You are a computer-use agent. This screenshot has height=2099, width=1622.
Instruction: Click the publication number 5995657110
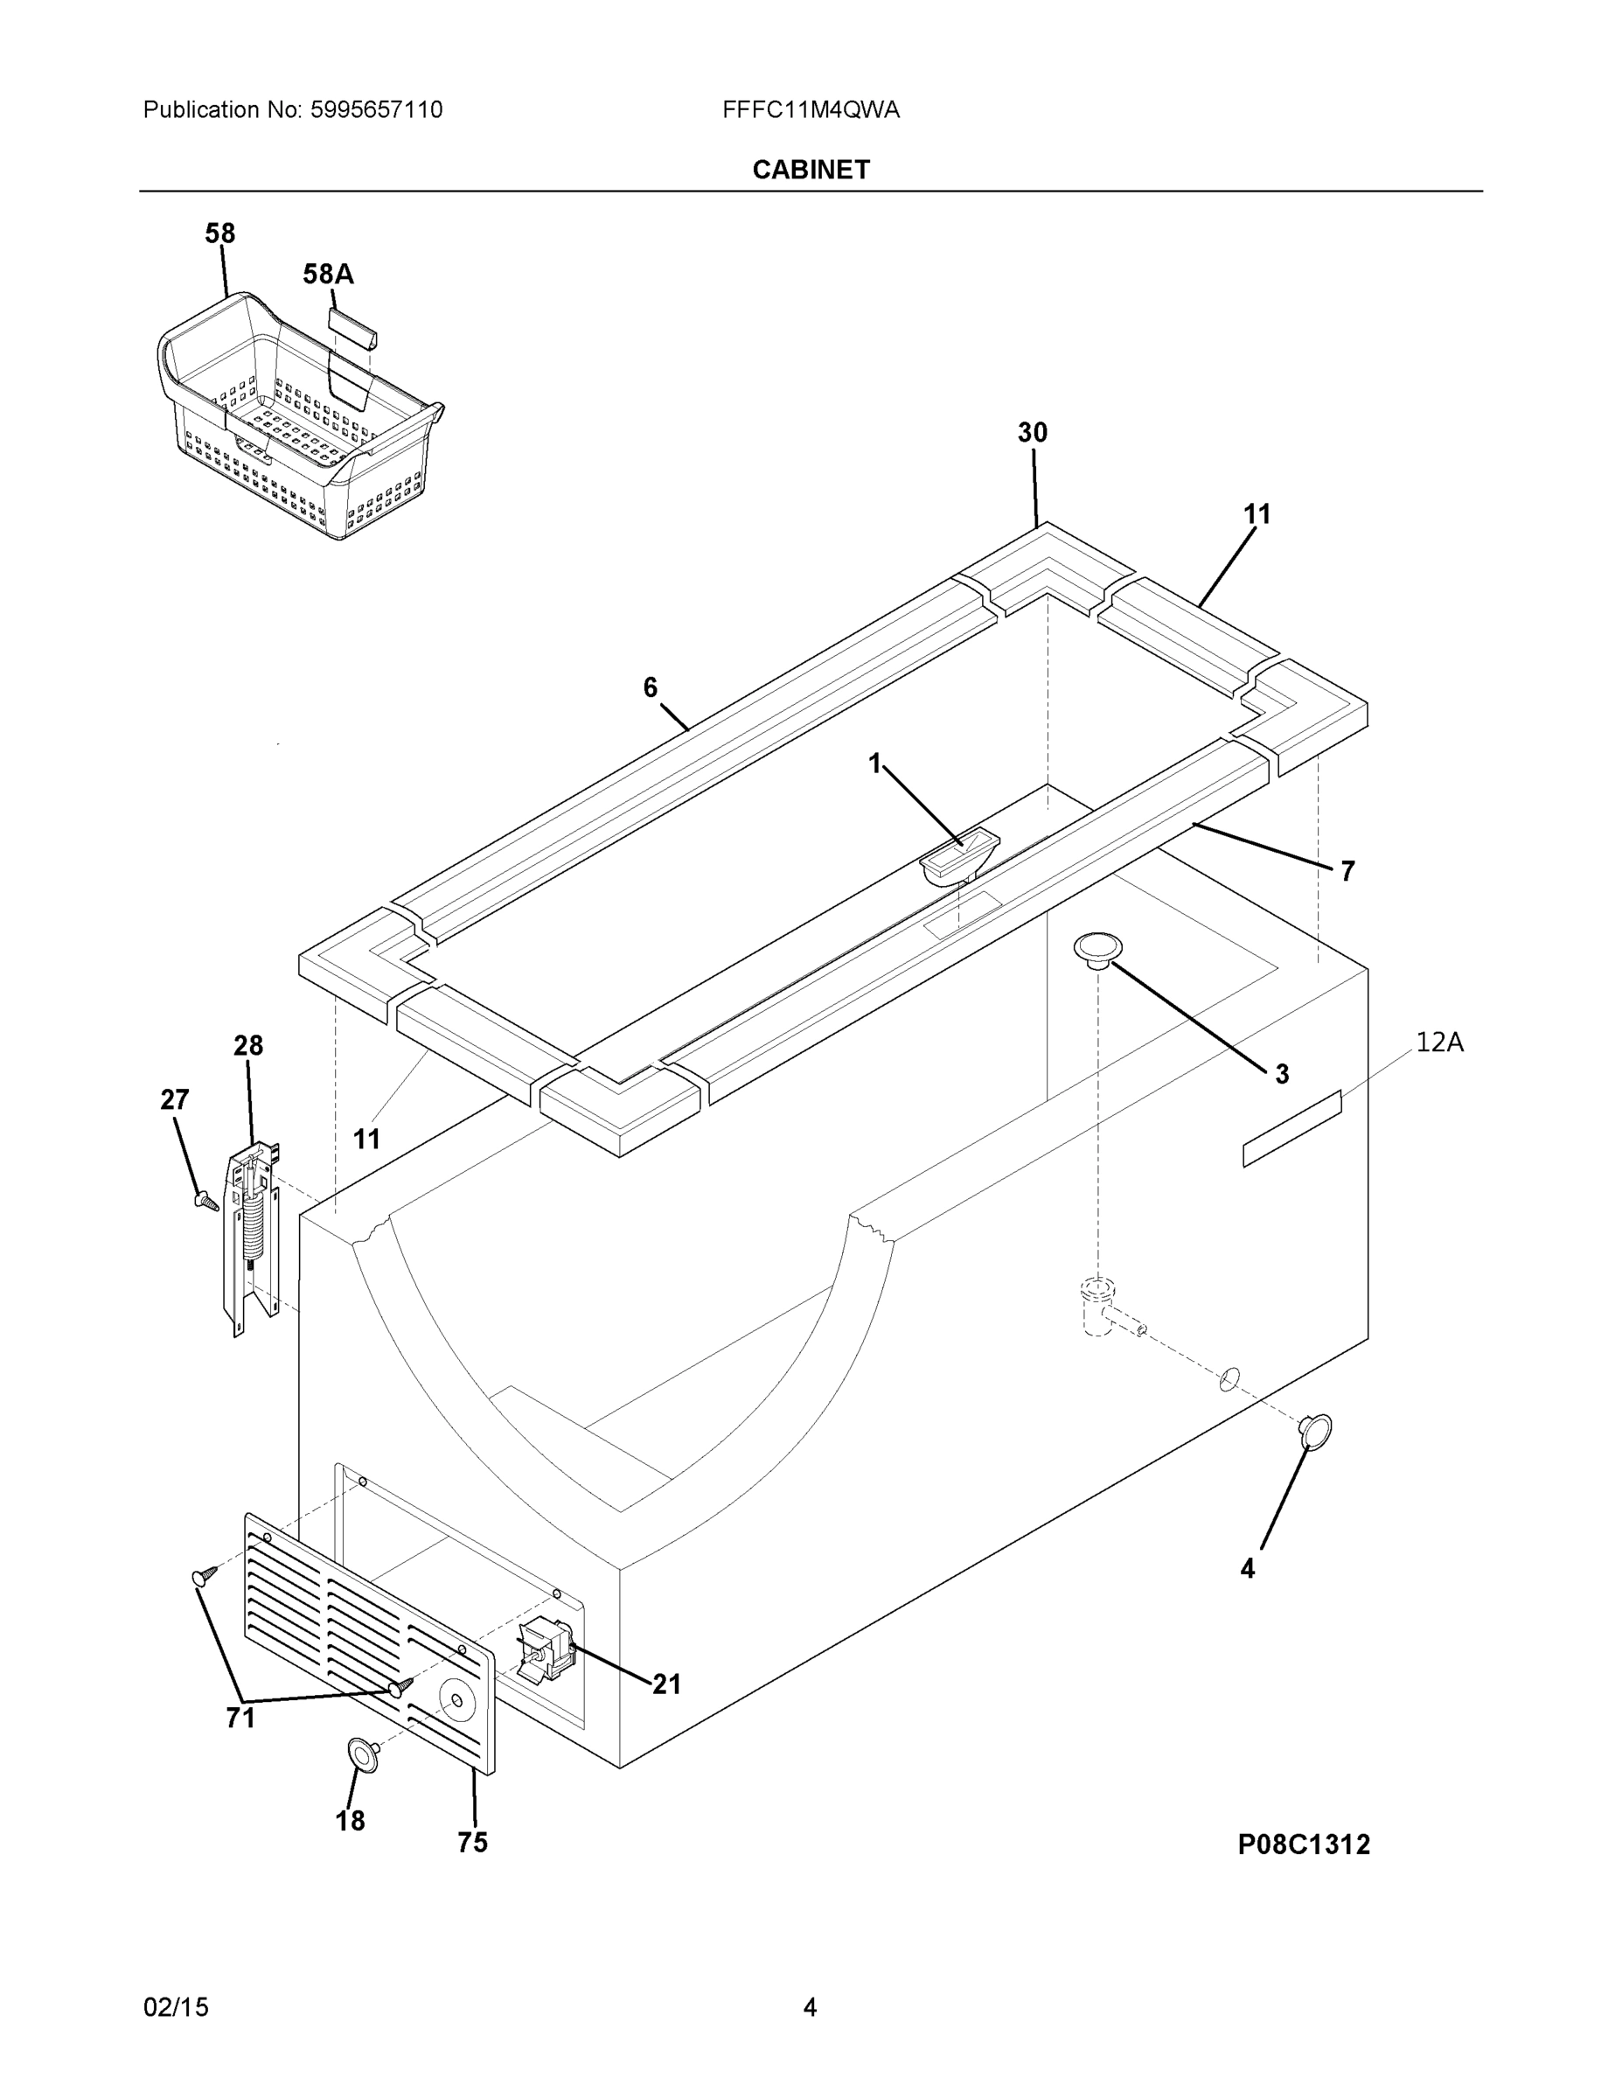click(376, 109)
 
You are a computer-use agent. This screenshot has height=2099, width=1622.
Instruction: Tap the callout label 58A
click(328, 275)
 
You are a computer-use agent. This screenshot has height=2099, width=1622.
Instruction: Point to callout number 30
click(1032, 434)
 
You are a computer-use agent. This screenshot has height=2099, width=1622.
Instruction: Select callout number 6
click(650, 687)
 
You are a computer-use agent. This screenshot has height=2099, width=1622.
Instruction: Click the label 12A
click(1438, 1042)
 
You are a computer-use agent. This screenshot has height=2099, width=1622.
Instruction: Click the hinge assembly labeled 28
click(252, 1235)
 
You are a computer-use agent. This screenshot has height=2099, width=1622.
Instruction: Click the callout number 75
click(472, 1843)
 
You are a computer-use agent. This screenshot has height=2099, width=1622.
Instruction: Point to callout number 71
click(240, 1718)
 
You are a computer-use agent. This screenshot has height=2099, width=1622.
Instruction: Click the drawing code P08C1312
click(1303, 1844)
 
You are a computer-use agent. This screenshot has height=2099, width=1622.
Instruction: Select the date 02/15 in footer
click(176, 2008)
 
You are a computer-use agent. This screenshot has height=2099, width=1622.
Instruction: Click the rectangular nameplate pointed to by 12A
click(1291, 1129)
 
